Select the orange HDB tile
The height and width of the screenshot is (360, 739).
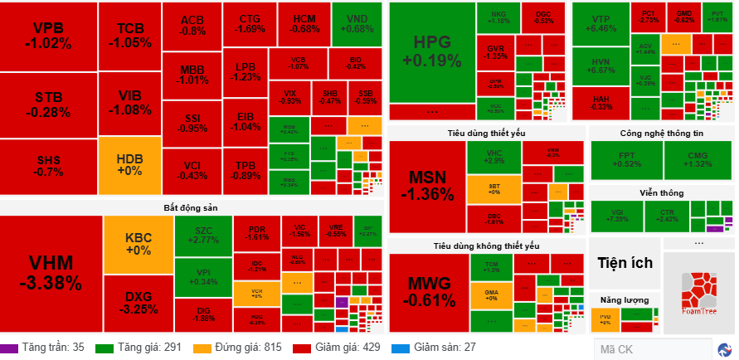[x=129, y=163]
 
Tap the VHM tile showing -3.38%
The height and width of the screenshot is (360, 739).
[x=51, y=273]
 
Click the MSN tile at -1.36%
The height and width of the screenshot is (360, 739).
[x=426, y=186]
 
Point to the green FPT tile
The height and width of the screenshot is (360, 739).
[x=625, y=160]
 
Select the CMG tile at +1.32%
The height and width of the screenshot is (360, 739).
[x=698, y=160]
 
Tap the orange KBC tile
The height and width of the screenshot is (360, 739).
[x=138, y=242]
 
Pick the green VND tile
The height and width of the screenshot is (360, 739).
[x=357, y=24]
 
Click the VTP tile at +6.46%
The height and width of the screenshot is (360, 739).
[x=600, y=24]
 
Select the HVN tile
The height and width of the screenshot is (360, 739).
[x=600, y=66]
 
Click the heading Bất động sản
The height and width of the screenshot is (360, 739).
[x=190, y=207]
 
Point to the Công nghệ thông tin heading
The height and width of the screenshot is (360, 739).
[x=661, y=133]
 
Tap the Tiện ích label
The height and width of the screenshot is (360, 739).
[x=625, y=263]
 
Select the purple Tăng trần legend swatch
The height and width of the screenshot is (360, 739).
[x=9, y=348]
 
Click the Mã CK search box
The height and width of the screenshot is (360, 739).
[x=650, y=348]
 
